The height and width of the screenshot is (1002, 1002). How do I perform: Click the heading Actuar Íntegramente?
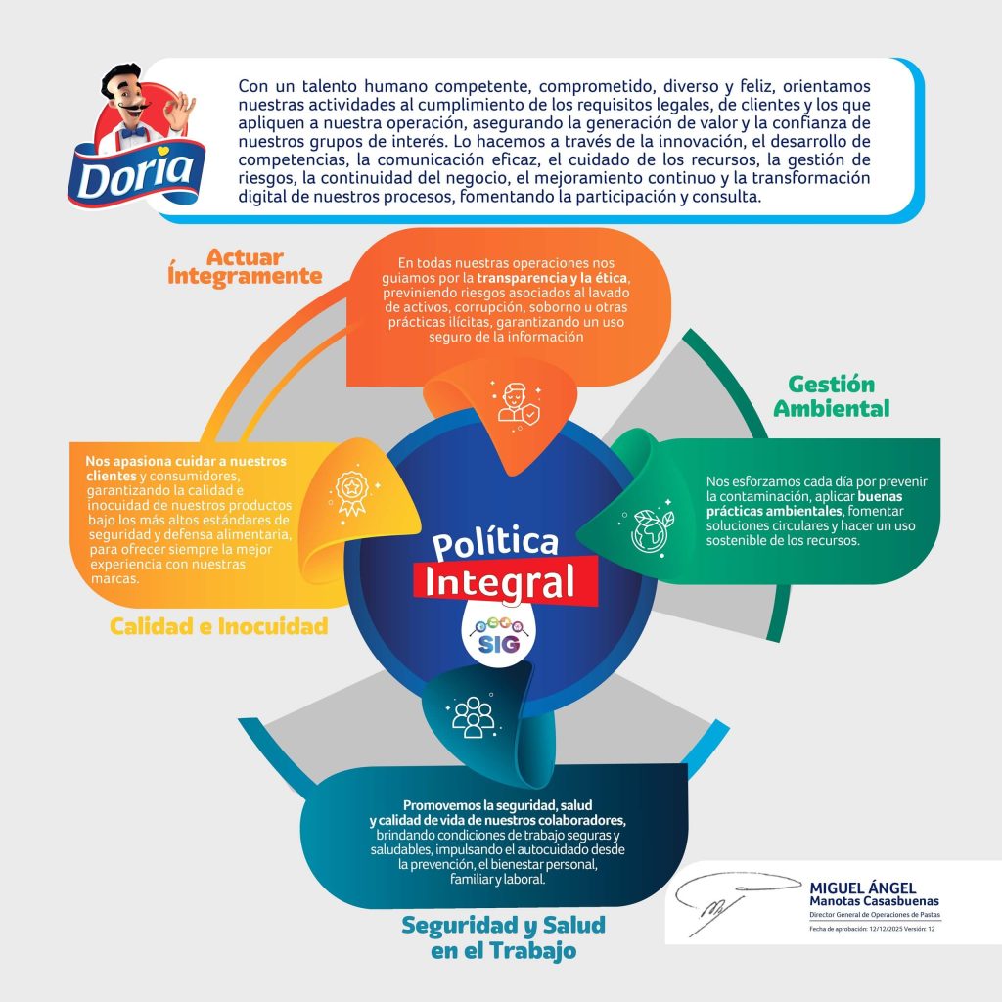pos(245,266)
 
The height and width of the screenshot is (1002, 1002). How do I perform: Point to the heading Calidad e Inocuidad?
pos(218,626)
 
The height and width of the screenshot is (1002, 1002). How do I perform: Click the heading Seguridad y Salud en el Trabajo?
pos(503,936)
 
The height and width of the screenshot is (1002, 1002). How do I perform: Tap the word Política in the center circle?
pos(495,543)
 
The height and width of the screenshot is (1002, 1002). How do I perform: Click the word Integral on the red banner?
pos(500,579)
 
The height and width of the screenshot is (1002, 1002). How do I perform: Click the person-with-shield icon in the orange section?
pos(516,401)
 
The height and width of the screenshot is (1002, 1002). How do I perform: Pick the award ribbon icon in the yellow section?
pos(349,486)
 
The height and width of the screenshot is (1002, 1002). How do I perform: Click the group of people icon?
pos(473,716)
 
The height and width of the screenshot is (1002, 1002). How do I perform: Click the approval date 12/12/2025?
pos(882,929)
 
